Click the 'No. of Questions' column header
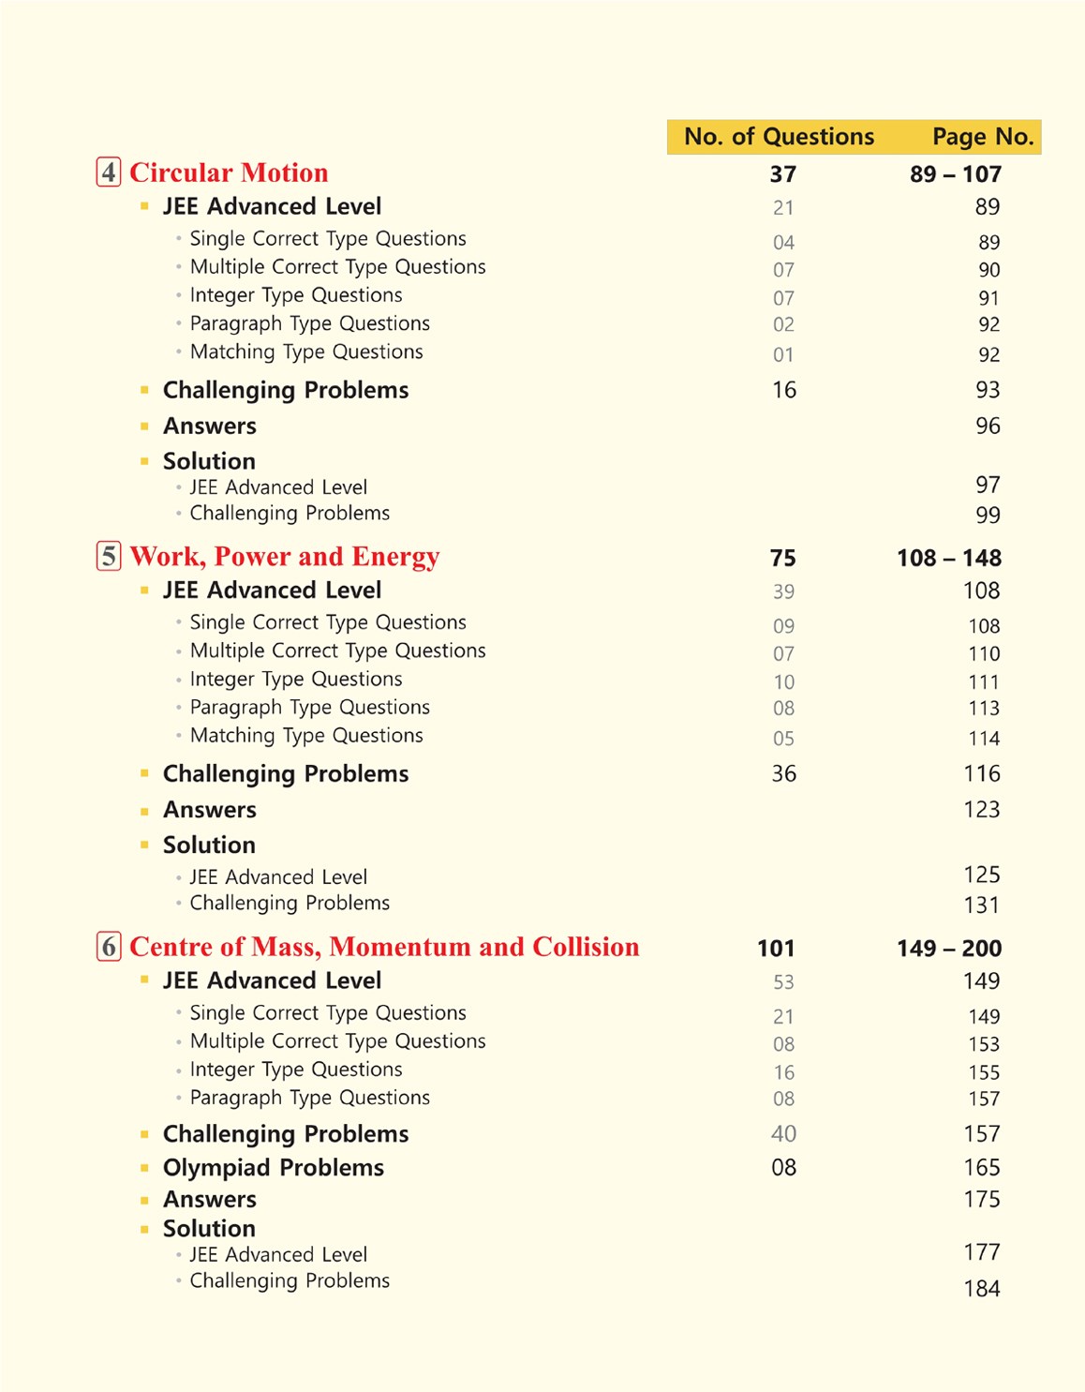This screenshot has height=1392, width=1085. tap(779, 137)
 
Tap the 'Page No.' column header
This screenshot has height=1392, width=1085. tap(982, 137)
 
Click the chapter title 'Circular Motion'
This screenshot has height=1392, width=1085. tap(229, 172)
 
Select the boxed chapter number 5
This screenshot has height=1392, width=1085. tap(109, 557)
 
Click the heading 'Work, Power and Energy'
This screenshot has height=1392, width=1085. tap(284, 557)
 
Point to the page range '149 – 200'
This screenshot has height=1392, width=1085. tap(948, 949)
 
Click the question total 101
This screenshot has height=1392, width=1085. tap(776, 949)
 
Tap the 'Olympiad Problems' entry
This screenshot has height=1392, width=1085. tap(273, 1168)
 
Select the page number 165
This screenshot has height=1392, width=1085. tap(981, 1168)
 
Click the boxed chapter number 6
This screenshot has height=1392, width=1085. tap(109, 947)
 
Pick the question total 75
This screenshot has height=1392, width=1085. tap(782, 559)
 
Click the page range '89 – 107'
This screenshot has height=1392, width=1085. tap(955, 174)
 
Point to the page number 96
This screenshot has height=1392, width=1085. tap(988, 427)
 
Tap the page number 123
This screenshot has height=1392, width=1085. tap(981, 810)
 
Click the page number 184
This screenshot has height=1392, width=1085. tap(981, 1289)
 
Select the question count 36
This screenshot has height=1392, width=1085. tap(783, 774)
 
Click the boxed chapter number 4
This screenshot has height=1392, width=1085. tap(109, 172)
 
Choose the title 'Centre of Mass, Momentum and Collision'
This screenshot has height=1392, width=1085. tap(384, 947)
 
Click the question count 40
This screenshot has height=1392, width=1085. tap(783, 1134)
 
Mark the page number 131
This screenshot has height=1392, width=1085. tap(981, 906)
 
